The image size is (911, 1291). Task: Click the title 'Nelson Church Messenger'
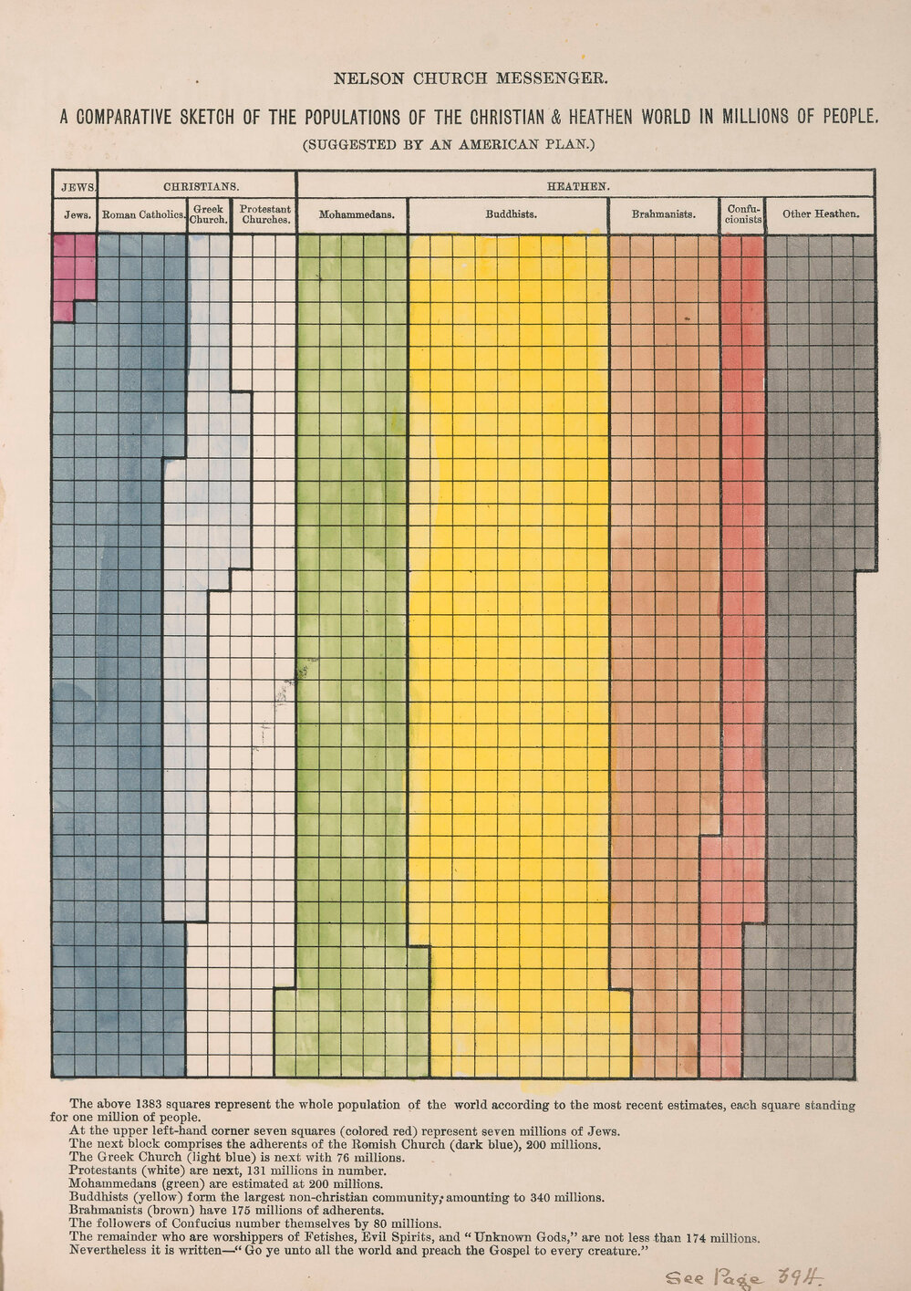(x=470, y=78)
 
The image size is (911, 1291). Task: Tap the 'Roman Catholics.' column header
(x=143, y=215)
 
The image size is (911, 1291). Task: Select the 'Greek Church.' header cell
(x=209, y=215)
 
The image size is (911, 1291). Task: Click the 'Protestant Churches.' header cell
(x=264, y=215)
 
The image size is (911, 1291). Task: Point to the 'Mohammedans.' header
(x=356, y=215)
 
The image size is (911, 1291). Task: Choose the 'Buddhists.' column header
(x=510, y=215)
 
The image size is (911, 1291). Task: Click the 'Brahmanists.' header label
(x=663, y=215)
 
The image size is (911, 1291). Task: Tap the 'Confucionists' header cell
(x=742, y=215)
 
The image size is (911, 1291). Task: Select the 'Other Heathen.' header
(x=820, y=215)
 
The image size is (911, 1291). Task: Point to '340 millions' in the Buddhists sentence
(x=560, y=1198)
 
